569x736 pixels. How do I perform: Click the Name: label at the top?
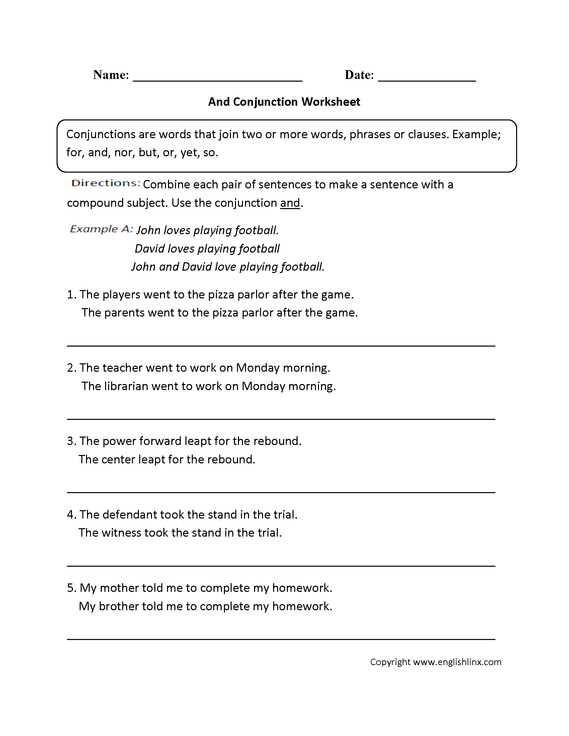pyautogui.click(x=111, y=75)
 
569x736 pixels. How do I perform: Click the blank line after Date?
pyautogui.click(x=426, y=80)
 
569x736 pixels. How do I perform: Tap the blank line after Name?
pyautogui.click(x=218, y=80)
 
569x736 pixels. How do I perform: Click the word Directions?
pyautogui.click(x=105, y=183)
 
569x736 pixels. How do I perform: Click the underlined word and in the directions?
pyautogui.click(x=290, y=203)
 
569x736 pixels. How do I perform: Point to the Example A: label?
pyautogui.click(x=101, y=229)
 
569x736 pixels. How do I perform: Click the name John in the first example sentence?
pyautogui.click(x=148, y=230)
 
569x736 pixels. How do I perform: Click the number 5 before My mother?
pyautogui.click(x=70, y=588)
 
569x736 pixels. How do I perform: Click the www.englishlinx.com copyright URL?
pyautogui.click(x=457, y=662)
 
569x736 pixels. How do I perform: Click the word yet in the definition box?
pyautogui.click(x=188, y=153)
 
